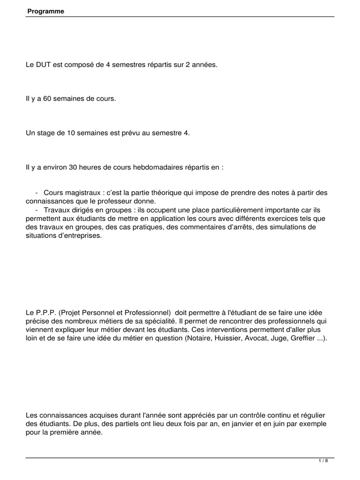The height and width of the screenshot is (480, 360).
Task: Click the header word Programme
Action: tap(45, 11)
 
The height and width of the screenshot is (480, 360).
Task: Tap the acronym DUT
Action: tap(43, 65)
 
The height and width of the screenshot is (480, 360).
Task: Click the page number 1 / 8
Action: tap(323, 461)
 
